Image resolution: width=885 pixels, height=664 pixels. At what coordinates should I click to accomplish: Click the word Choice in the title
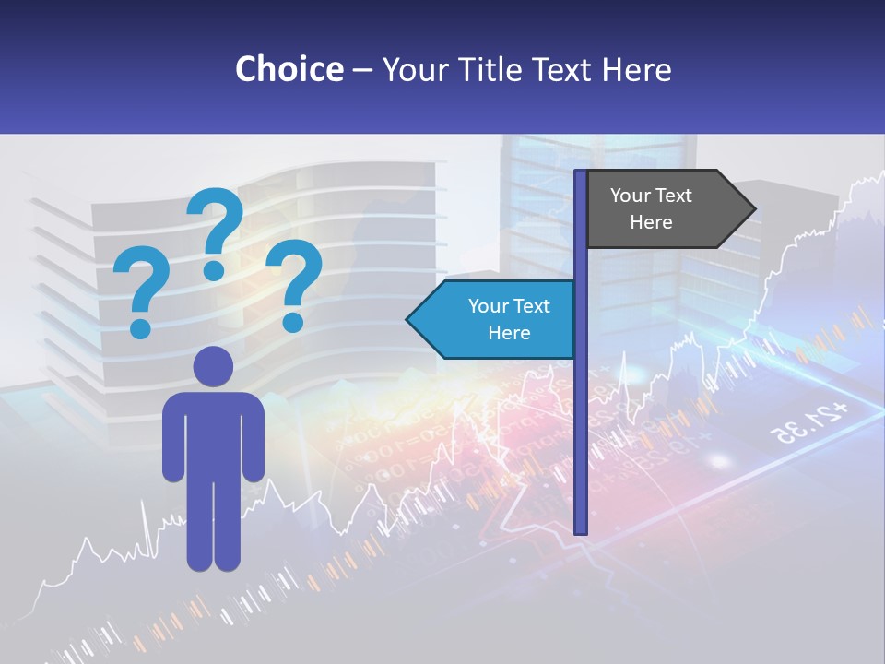[x=289, y=69]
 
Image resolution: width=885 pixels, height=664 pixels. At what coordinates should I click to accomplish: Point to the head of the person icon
[x=213, y=366]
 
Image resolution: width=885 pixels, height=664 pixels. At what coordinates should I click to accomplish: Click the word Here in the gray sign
[x=651, y=222]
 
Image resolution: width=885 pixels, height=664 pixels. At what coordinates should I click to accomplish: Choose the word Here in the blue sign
[x=509, y=333]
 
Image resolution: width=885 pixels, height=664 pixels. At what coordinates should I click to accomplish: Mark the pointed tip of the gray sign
[x=753, y=209]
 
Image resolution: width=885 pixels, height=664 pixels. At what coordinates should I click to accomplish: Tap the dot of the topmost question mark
[x=214, y=270]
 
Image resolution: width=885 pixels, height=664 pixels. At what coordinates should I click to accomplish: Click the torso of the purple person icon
[x=213, y=433]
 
